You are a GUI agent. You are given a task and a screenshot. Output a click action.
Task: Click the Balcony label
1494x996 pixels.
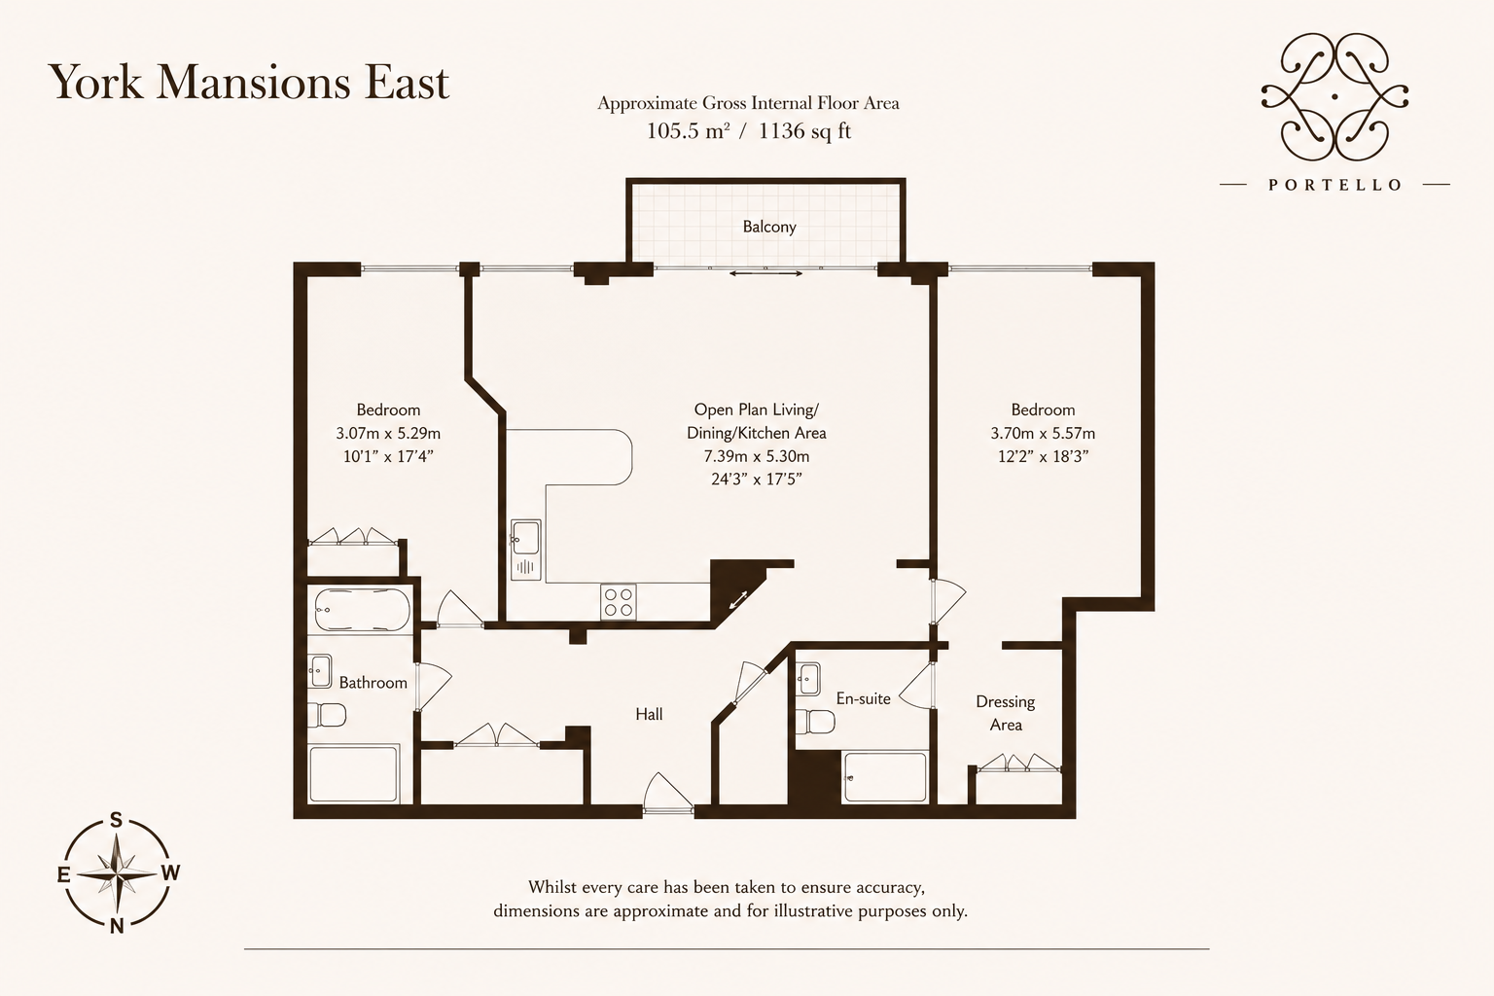click(769, 227)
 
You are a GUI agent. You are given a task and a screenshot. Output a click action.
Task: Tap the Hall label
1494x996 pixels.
click(649, 715)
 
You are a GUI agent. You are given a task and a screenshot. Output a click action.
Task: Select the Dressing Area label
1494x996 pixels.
click(1005, 713)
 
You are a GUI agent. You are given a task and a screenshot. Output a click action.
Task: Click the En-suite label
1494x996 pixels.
click(863, 698)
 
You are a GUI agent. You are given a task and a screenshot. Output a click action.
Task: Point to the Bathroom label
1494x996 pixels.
click(373, 683)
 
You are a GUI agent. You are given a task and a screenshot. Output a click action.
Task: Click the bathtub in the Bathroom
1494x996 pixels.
click(362, 609)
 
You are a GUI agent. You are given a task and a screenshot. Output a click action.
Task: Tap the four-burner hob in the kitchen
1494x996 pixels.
click(618, 602)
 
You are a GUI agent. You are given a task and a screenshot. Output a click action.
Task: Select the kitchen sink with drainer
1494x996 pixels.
click(526, 550)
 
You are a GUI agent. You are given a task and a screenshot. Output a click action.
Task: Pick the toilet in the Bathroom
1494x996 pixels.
click(327, 715)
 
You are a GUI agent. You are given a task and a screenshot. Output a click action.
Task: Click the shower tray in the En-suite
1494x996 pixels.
click(884, 776)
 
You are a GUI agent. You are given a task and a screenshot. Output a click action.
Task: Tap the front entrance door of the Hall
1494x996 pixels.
click(668, 794)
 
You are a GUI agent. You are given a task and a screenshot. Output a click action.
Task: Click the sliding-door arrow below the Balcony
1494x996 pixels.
click(765, 273)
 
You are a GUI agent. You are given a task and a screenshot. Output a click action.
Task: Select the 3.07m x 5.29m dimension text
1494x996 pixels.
click(388, 434)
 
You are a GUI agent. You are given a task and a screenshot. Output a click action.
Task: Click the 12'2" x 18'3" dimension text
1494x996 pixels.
click(1043, 457)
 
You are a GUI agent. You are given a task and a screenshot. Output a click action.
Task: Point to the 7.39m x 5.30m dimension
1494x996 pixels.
click(757, 457)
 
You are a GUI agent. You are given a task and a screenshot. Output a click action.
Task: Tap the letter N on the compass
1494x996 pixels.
click(117, 926)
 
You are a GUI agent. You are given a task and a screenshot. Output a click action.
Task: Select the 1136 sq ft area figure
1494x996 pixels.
click(805, 131)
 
